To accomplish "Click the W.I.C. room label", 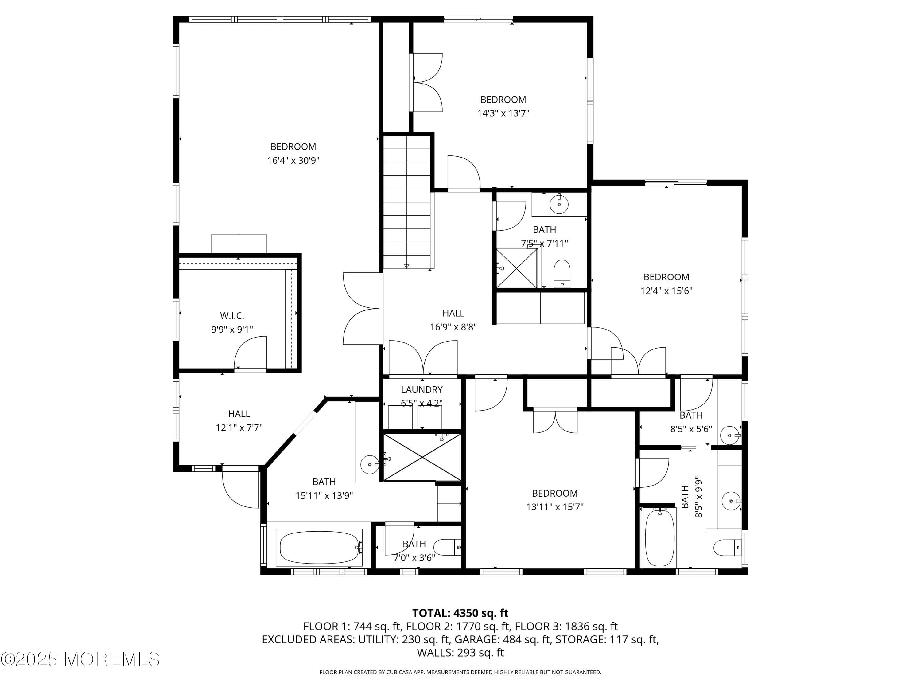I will coord(232,316).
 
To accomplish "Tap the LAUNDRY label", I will coord(422,390).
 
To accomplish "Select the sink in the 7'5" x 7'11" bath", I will coord(559,205).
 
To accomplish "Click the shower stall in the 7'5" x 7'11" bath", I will coord(516,268).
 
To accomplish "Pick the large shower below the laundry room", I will coord(422,457).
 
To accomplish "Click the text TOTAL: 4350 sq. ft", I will coord(460,613).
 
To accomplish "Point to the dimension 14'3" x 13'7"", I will coord(503,113).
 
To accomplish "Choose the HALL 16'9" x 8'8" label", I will coord(453,320).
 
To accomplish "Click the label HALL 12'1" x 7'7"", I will coord(239,421).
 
